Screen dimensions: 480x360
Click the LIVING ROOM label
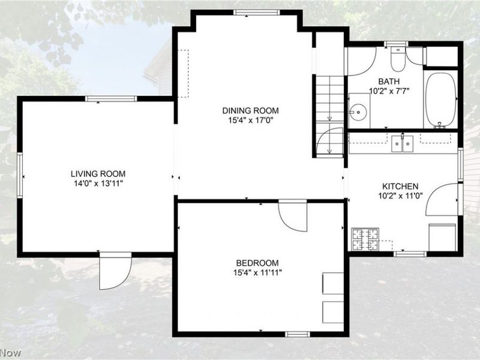(x=98, y=174)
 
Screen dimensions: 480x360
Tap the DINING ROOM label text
(x=250, y=110)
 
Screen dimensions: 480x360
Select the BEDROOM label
(x=257, y=263)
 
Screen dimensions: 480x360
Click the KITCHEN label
(x=400, y=186)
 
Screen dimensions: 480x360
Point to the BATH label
(x=389, y=82)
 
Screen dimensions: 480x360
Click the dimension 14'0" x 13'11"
(x=97, y=184)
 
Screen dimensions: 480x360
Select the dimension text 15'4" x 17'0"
(x=250, y=121)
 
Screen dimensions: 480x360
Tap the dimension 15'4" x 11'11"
(x=257, y=273)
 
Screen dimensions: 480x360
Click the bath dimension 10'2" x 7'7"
(x=389, y=91)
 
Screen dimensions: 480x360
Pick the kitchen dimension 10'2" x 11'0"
(x=400, y=196)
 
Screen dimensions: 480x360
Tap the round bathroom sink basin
(x=357, y=113)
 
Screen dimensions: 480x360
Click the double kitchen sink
(x=402, y=144)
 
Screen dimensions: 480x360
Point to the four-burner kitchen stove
(x=365, y=239)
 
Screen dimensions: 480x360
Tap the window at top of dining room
(x=257, y=13)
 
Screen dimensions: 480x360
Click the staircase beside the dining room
(x=329, y=116)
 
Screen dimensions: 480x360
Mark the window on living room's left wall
(x=20, y=175)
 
